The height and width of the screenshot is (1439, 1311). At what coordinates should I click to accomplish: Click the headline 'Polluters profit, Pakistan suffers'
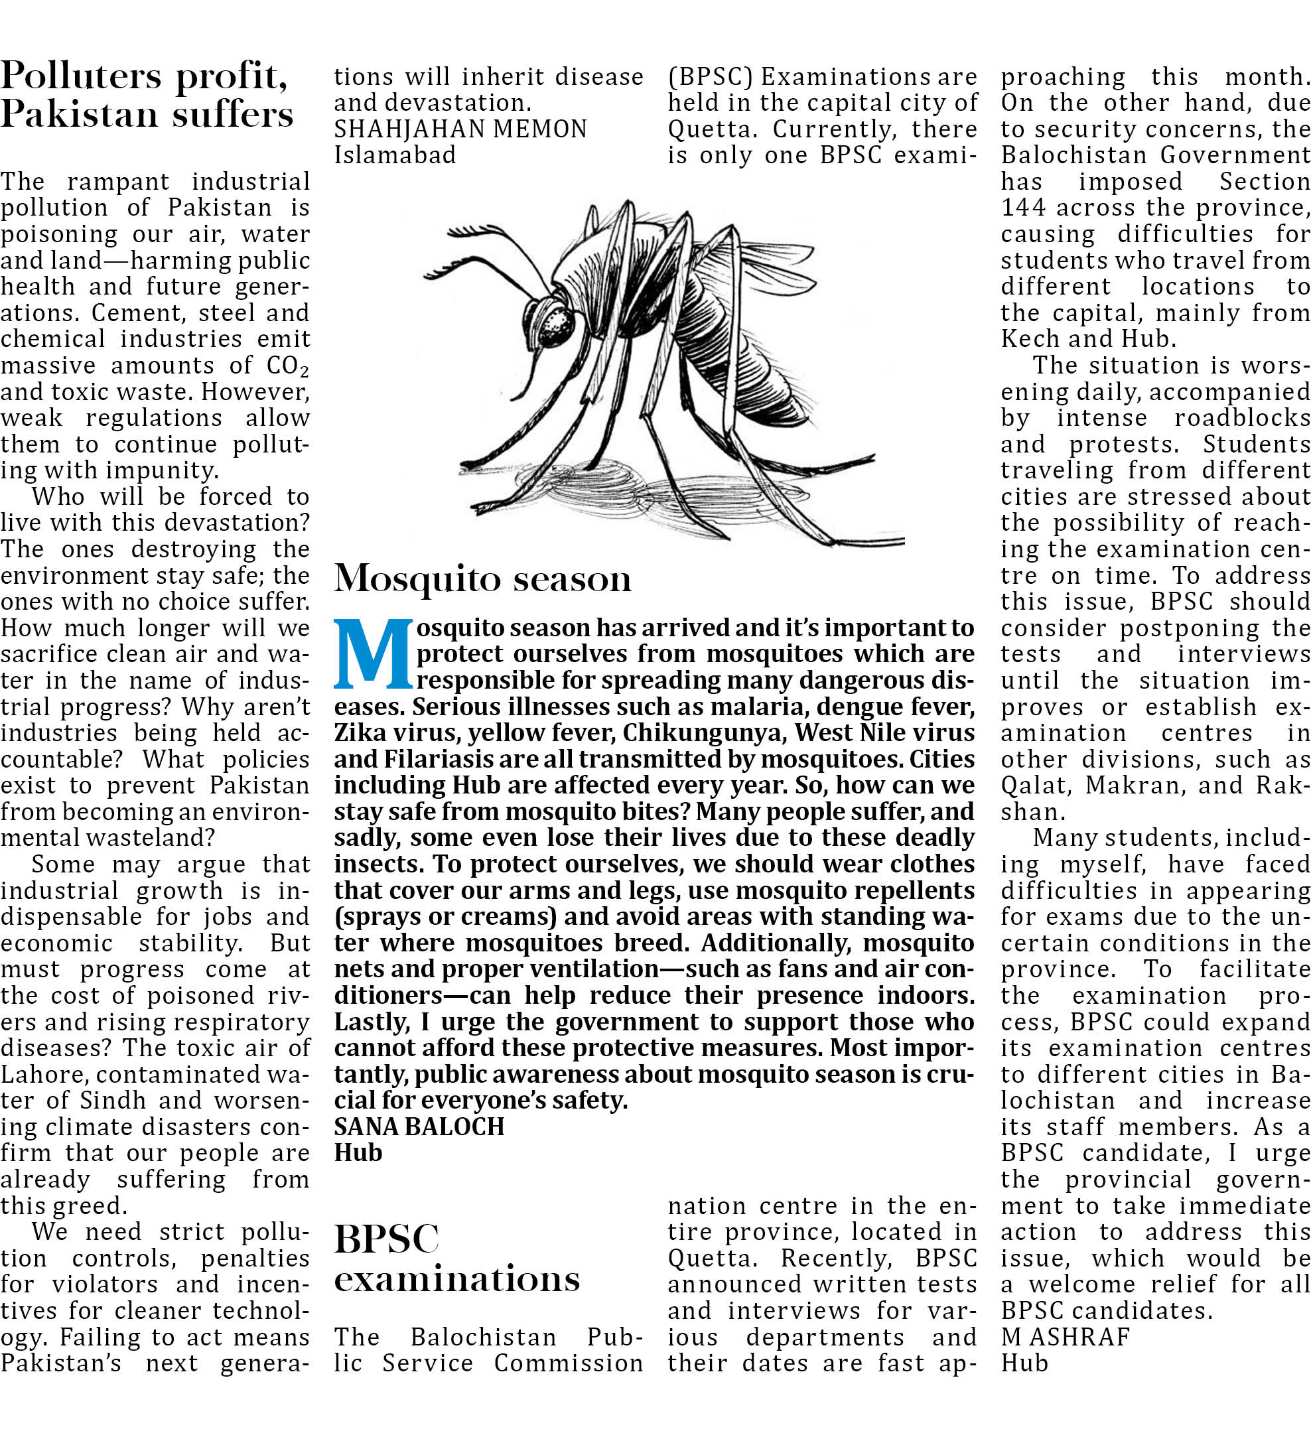click(147, 94)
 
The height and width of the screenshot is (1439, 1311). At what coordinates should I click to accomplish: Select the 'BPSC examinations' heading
click(456, 1259)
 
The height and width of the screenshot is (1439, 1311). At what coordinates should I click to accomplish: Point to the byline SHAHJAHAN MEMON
click(460, 129)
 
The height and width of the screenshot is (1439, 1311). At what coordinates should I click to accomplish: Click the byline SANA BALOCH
click(419, 1127)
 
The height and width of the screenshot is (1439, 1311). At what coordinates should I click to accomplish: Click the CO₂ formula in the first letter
click(287, 366)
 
